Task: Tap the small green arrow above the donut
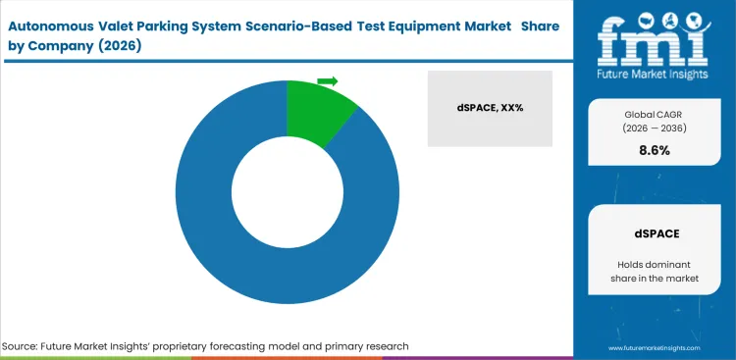click(x=328, y=80)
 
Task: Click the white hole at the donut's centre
click(x=287, y=192)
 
